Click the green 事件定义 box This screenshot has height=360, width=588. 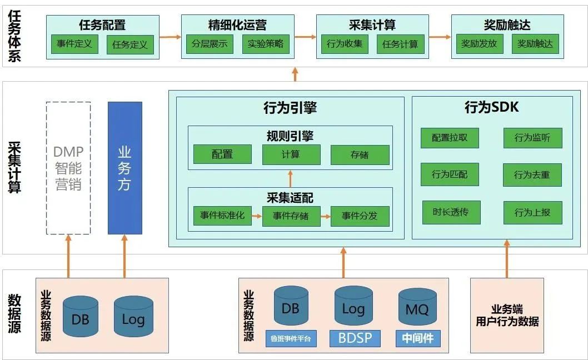pos(74,44)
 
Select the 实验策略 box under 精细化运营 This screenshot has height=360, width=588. pos(266,44)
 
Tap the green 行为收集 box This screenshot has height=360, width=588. pos(344,44)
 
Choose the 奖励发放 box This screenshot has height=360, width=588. pos(479,44)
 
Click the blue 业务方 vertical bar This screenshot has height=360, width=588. pos(125,168)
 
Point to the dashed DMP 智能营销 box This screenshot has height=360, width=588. pos(68,168)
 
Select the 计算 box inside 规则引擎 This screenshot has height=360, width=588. pos(291,154)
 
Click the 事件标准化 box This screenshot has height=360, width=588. pos(222,216)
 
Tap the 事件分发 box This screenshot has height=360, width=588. pos(360,216)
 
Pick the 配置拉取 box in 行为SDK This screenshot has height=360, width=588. pos(450,138)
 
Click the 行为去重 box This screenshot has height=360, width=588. pos(532,175)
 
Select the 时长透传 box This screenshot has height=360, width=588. pos(451,212)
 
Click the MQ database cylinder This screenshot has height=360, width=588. pos(417,307)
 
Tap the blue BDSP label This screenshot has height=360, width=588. pos(355,338)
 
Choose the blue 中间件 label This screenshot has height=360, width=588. pos(418,338)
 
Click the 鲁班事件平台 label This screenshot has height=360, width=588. pos(291,339)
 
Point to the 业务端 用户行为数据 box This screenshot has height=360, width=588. pos(507,316)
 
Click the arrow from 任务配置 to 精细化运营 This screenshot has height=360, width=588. pos(170,37)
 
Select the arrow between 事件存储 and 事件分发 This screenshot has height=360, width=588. pos(326,216)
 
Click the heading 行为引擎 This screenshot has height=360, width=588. pos(290,108)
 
